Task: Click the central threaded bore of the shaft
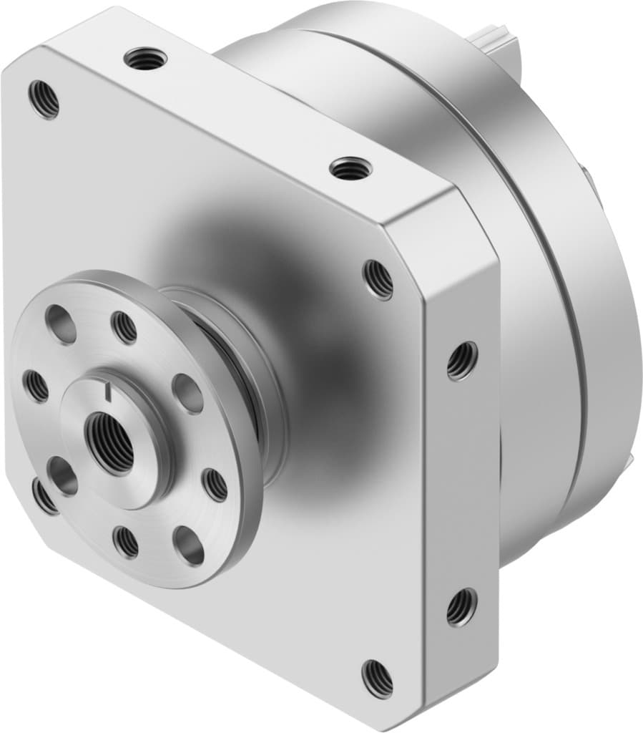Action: coord(110,442)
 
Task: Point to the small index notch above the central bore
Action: coord(107,391)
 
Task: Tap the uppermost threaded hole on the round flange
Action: coord(124,328)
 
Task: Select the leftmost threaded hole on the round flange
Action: coord(36,386)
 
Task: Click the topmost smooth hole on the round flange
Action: coord(61,324)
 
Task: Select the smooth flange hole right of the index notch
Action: coord(187,393)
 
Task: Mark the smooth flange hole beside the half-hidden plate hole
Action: coord(63,476)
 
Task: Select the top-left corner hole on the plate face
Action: coord(44,99)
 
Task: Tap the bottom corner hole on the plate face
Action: coord(377,676)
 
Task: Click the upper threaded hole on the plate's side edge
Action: coord(461,361)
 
